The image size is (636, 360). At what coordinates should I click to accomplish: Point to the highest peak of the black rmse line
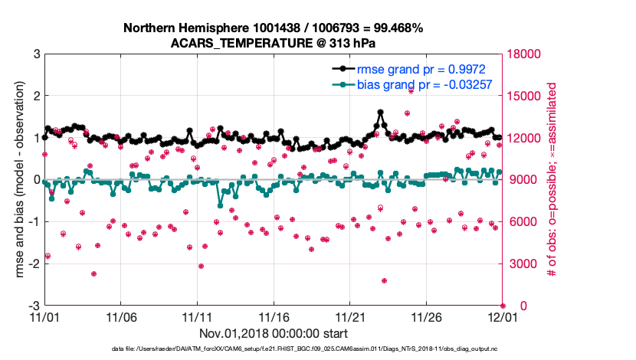point(381,113)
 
